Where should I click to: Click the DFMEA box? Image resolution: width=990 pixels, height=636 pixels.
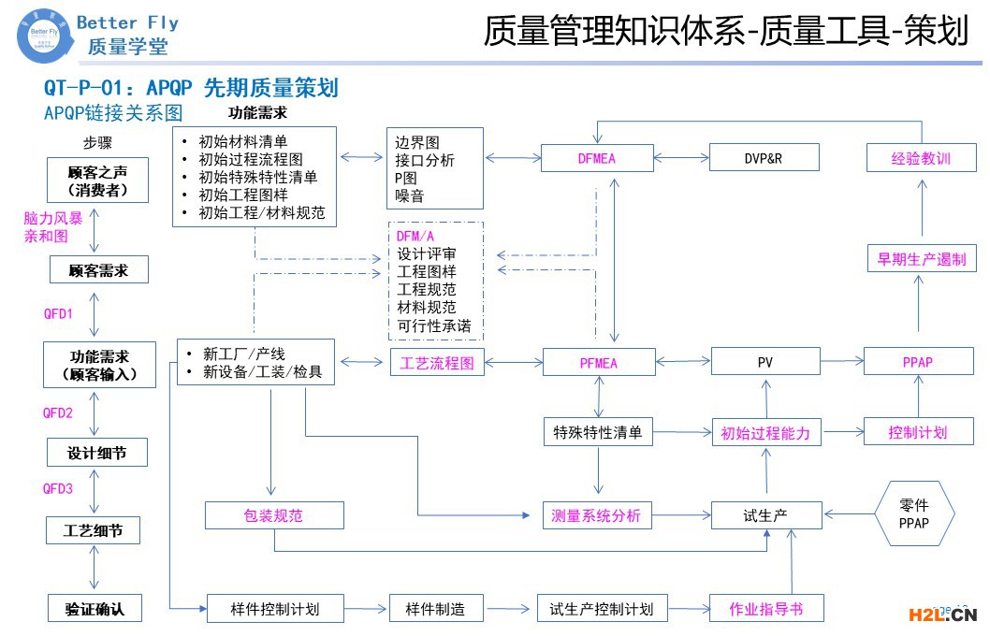click(596, 157)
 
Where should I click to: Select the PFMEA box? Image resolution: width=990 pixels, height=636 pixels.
click(596, 362)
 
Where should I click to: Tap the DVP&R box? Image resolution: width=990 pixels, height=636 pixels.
click(764, 157)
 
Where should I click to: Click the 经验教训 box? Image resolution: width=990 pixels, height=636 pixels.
click(921, 157)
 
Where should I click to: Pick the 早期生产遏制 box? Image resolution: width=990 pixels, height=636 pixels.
click(921, 259)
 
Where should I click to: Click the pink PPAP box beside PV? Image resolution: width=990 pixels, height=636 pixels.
click(917, 361)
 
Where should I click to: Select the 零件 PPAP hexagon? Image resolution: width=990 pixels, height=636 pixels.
click(913, 513)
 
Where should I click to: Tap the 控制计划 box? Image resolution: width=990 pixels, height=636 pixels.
click(917, 432)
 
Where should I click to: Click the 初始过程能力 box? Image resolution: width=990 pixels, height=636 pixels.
click(765, 433)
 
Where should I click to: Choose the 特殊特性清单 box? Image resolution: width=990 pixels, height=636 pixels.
click(598, 432)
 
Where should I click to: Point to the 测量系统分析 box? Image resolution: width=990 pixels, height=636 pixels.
click(598, 514)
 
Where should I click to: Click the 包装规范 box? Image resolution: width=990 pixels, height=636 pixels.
click(274, 515)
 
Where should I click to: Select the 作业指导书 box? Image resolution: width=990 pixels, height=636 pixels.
click(765, 609)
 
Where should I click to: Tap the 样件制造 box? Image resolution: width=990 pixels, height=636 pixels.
click(435, 609)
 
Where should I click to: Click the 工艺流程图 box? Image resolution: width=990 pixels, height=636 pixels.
click(437, 362)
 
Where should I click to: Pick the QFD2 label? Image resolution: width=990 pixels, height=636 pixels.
click(57, 412)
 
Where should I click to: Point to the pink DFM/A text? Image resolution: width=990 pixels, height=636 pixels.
click(415, 236)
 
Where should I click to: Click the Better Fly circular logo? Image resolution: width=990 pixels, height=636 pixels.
click(43, 37)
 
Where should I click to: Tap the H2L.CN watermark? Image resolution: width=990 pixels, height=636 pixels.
click(942, 614)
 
